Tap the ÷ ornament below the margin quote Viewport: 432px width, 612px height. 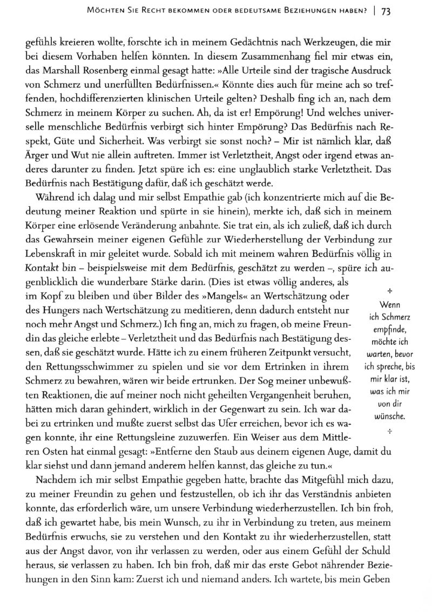click(389, 431)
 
